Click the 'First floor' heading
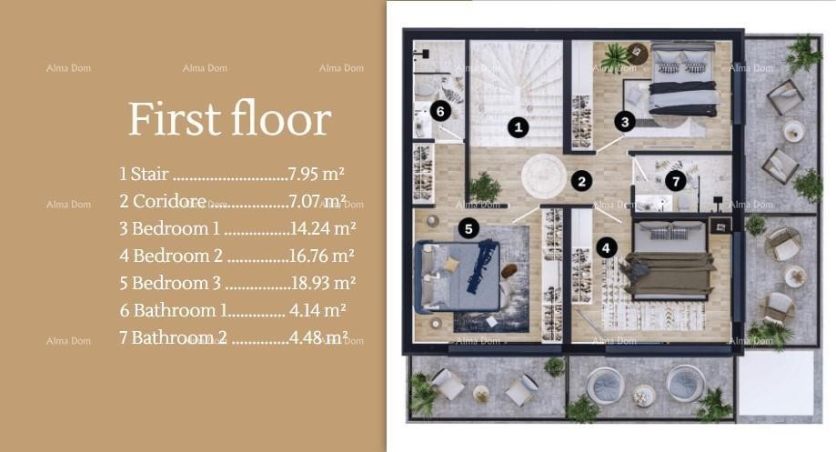click(x=229, y=119)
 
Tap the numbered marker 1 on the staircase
click(x=519, y=127)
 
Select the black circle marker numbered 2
click(x=582, y=181)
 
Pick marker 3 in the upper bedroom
click(x=623, y=120)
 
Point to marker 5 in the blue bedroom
click(x=468, y=229)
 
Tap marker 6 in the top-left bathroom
click(x=439, y=111)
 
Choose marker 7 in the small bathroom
click(x=674, y=181)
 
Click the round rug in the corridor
click(x=543, y=174)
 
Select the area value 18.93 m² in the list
click(x=322, y=283)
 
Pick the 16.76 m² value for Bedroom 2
click(x=322, y=256)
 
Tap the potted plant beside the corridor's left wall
click(x=485, y=187)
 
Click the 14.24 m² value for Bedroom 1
click(x=322, y=228)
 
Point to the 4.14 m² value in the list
click(x=317, y=310)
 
